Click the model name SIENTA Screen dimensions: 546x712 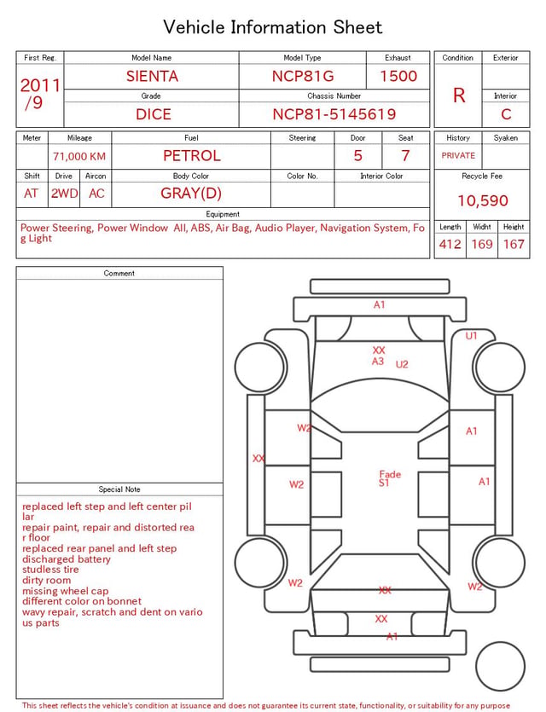152,76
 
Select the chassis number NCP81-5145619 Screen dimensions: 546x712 334,114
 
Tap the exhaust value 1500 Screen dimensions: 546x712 398,76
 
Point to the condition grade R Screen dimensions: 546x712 459,96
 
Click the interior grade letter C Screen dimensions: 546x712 506,114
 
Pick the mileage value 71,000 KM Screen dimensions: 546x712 79,157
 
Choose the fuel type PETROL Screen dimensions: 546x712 192,156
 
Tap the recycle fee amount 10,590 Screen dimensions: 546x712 482,200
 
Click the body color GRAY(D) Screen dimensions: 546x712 191,194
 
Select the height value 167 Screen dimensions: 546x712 514,244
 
